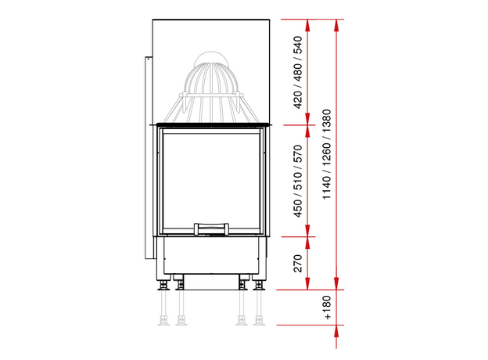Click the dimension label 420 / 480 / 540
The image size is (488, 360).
pos(298,72)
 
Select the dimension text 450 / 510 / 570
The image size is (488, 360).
pos(298,182)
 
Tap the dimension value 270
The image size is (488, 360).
pos(298,263)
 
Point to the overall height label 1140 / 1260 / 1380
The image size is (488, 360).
pos(326,154)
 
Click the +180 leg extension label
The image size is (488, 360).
pos(327,308)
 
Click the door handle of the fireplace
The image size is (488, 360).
pos(211,229)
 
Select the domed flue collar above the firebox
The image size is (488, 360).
pos(211,87)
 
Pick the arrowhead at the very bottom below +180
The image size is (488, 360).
pos(336,331)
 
